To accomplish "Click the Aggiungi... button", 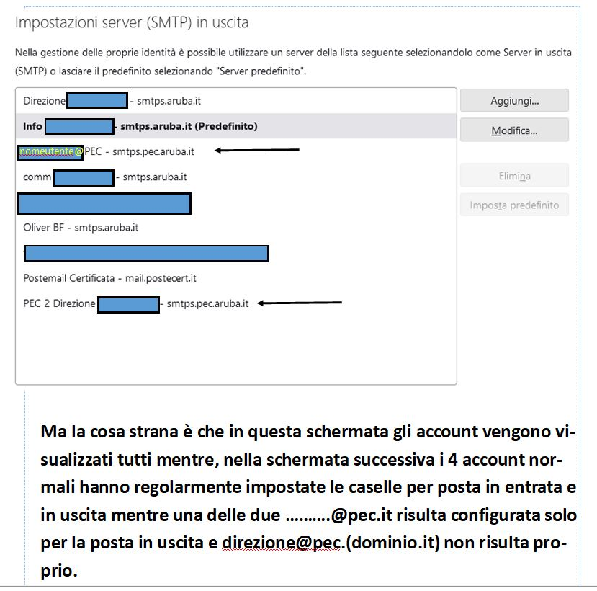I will (514, 100).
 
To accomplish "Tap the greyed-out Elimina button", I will (514, 176).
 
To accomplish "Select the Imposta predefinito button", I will (514, 205).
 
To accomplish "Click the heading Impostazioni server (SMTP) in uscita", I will (132, 22).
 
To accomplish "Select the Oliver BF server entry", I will (81, 228).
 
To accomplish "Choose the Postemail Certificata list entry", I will (109, 278).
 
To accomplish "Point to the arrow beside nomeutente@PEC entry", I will (257, 151).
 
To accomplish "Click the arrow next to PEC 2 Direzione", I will (300, 303).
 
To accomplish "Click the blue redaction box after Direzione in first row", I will (96, 101).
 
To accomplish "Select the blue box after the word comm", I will (84, 177).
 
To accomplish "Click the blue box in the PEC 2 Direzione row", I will (128, 304).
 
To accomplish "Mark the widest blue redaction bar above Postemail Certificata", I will (146, 253).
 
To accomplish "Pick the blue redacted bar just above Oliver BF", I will (104, 203).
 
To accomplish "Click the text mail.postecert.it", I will (161, 278).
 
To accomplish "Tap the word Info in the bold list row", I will (32, 126).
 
